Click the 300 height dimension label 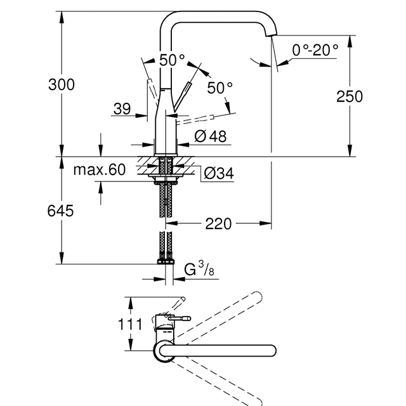click(62, 84)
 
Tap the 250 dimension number click(350, 96)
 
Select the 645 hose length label click(60, 211)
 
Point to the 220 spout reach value click(218, 224)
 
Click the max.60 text click(100, 169)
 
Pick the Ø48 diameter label click(210, 136)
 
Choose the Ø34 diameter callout click(219, 173)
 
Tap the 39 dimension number click(122, 108)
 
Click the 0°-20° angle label click(315, 49)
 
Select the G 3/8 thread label click(199, 268)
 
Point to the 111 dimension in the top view click(130, 324)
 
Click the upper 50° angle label click(172, 60)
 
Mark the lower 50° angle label click(219, 88)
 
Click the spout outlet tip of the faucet click(272, 34)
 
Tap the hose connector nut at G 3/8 click(166, 262)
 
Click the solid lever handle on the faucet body click(183, 96)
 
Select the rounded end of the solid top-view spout click(272, 351)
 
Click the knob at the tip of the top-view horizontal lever click(187, 318)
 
